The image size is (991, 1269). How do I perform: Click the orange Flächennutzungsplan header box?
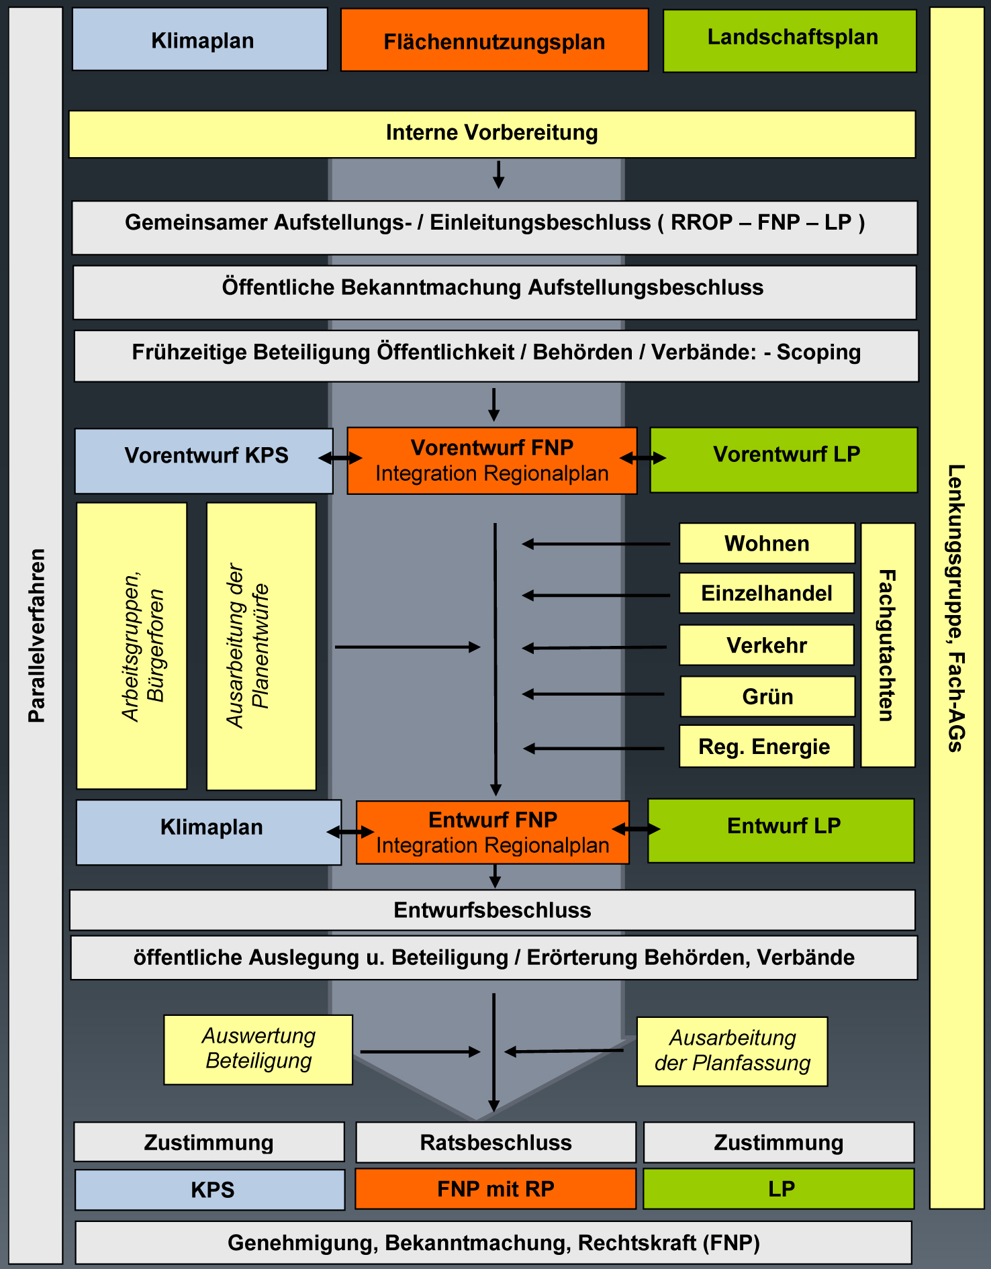pos(494,40)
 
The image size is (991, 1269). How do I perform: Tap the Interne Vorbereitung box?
pos(491,134)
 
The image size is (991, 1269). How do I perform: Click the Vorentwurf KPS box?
pos(204,460)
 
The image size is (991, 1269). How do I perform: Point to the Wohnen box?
pos(767,543)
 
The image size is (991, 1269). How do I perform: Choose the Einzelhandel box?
pos(766,593)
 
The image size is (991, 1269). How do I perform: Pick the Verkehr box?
pos(766,645)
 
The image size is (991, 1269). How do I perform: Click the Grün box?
pos(767,696)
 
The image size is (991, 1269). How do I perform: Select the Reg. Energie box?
pos(765,746)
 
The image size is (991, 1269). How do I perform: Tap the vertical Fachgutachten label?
pos(888,645)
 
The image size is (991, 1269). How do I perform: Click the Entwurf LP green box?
pos(781,830)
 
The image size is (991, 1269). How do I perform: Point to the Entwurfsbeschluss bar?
pos(492,910)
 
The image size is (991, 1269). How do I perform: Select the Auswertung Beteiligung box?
pos(258,1049)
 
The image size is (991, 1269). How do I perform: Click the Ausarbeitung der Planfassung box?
pos(732,1051)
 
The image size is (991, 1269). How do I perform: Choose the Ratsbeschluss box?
pos(495,1142)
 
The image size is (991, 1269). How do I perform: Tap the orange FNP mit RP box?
pos(495,1188)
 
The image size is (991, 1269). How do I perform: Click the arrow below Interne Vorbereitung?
pos(498,175)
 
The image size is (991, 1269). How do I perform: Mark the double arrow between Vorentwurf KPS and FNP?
pos(340,458)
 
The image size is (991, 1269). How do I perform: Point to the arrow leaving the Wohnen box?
pos(596,544)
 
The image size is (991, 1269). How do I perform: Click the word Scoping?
pos(818,352)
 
